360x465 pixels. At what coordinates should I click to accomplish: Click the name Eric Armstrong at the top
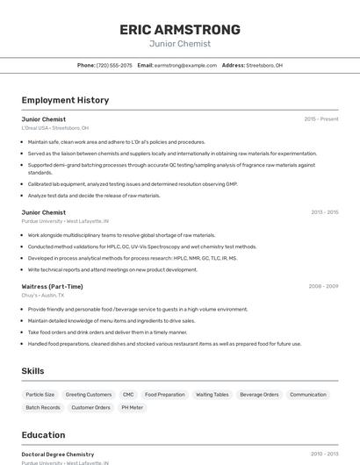179,30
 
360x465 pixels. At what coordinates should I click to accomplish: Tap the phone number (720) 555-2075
114,65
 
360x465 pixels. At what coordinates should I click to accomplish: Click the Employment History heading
65,100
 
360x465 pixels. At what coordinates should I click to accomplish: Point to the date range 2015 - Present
320,118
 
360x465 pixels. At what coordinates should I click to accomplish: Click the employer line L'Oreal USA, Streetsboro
54,127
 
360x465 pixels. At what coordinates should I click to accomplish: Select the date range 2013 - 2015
324,212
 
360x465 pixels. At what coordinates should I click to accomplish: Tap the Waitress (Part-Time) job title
52,286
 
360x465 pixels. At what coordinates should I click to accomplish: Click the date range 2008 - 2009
323,286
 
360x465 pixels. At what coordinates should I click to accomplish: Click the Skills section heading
33,371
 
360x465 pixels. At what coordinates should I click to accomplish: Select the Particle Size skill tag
40,395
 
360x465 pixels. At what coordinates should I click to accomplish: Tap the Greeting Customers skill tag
89,395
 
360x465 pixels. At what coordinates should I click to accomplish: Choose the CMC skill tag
128,395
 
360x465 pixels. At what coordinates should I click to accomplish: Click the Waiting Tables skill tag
212,395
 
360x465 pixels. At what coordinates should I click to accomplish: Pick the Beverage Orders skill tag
259,395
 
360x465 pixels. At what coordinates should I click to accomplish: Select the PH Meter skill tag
132,407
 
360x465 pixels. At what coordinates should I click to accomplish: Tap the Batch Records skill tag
43,407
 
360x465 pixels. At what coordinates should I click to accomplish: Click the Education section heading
43,435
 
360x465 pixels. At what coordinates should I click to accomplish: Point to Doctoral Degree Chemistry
58,454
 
